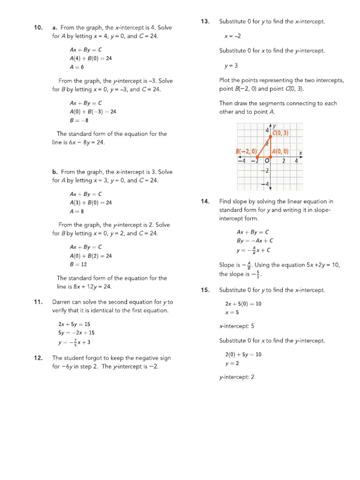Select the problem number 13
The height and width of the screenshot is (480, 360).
coord(205,21)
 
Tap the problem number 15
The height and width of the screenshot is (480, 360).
coord(205,290)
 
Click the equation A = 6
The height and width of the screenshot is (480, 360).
coord(77,67)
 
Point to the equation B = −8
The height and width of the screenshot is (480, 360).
coord(79,120)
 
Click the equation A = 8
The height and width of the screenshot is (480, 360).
coord(77,211)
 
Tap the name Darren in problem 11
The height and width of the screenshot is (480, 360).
coord(63,302)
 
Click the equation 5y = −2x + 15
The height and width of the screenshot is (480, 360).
coord(76,333)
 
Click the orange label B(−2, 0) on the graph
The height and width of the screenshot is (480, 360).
coord(246,151)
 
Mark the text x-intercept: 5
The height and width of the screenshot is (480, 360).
coord(237,326)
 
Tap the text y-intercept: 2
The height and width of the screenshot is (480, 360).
coord(237,376)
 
